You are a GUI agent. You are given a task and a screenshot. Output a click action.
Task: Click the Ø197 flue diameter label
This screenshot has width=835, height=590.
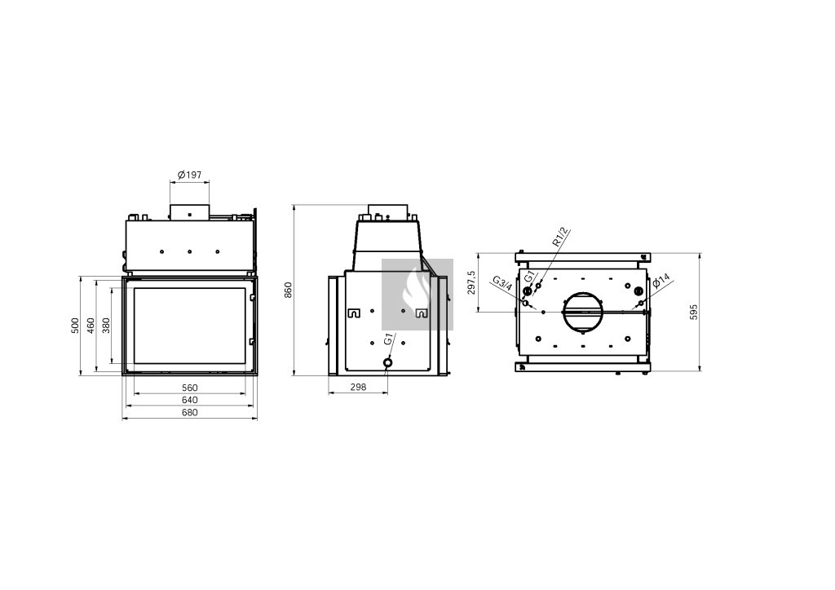[x=189, y=175]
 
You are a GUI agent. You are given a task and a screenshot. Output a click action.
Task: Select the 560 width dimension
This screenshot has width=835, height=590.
[x=189, y=388]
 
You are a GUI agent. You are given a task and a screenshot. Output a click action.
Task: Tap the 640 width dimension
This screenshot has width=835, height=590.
[x=189, y=400]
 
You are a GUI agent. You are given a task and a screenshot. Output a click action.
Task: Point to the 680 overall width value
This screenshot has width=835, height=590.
[x=189, y=412]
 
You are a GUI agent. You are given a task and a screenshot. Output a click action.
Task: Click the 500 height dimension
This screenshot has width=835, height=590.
[x=75, y=326]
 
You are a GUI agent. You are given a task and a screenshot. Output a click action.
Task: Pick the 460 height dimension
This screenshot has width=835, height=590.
[x=91, y=326]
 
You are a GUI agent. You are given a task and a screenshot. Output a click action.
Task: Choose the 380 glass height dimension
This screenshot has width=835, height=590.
[x=107, y=326]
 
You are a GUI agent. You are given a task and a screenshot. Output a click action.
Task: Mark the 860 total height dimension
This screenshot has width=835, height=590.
[x=289, y=290]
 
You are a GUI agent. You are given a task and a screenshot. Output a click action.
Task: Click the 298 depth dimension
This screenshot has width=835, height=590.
[x=359, y=388]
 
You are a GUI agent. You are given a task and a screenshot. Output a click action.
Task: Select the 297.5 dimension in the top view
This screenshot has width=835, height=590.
[x=471, y=282]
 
